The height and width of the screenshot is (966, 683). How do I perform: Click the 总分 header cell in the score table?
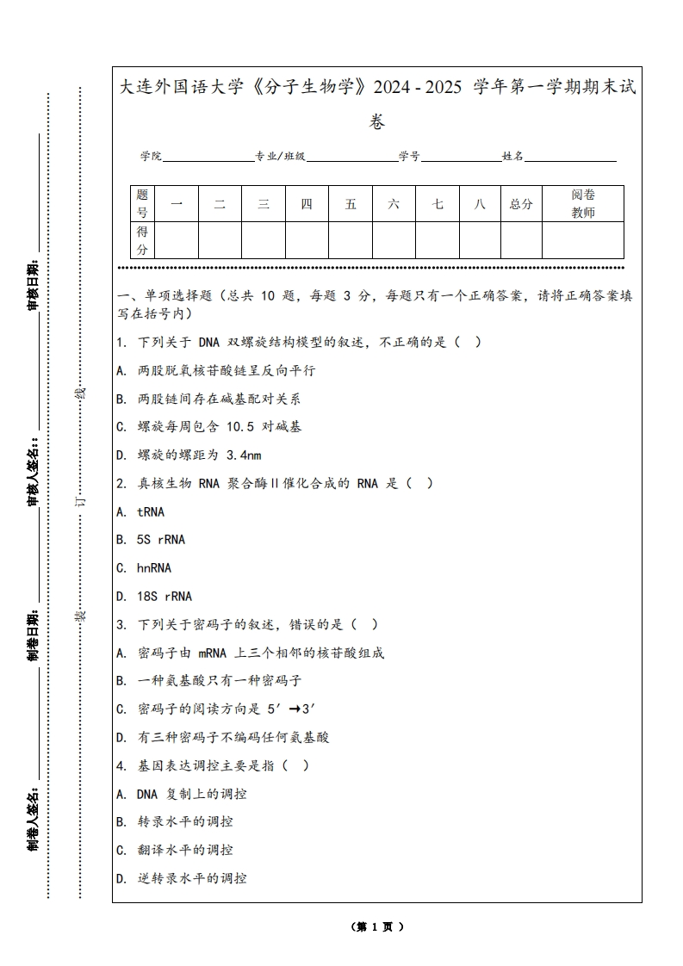[521, 204]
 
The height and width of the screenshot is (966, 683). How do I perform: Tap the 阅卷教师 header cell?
[583, 204]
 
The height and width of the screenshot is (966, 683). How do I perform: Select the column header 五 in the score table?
[351, 204]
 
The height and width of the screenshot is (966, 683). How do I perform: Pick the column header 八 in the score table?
[480, 204]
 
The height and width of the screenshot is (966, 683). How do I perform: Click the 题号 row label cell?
[142, 204]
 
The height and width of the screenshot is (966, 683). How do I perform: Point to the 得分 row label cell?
[142, 240]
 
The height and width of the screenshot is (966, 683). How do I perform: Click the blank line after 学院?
[208, 158]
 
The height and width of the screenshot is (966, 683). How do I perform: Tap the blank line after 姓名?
[570, 158]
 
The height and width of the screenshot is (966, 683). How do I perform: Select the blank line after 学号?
[461, 158]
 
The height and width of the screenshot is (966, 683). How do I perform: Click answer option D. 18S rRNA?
[154, 596]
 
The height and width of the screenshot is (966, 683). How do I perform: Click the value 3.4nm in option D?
[243, 455]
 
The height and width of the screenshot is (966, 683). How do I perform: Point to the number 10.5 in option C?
[242, 427]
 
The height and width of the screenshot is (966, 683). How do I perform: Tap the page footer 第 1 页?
[377, 926]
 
